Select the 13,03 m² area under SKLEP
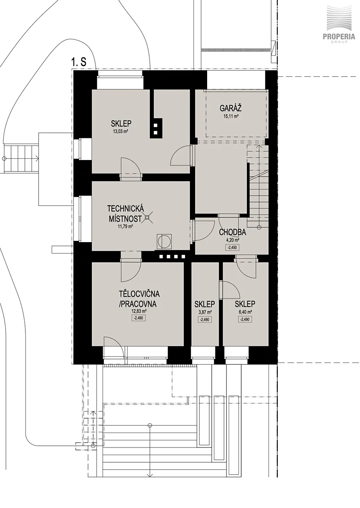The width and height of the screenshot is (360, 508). [x=121, y=132]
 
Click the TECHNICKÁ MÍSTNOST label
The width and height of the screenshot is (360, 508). [x=125, y=213]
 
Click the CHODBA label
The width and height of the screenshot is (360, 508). [x=233, y=232]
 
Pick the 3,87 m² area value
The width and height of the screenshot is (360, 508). [x=205, y=312]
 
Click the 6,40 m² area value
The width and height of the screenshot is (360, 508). [x=245, y=312]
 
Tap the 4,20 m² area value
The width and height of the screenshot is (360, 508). [x=233, y=240]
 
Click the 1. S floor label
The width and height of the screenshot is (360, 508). [x=79, y=62]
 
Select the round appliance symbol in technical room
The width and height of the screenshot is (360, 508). [x=164, y=241]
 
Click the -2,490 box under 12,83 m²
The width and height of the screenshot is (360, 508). [x=138, y=318]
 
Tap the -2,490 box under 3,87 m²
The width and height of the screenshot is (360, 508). [x=205, y=320]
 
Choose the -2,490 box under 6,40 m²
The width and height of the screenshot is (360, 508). [x=245, y=319]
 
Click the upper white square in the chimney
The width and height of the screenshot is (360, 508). [x=155, y=125]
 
